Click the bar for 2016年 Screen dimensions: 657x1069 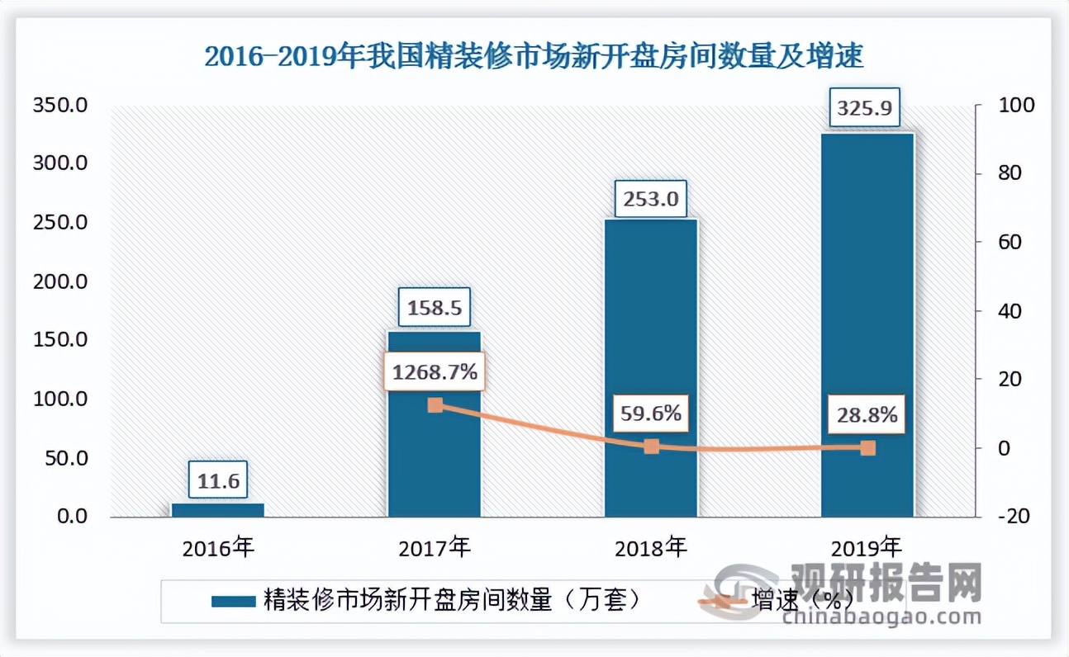pyautogui.click(x=218, y=510)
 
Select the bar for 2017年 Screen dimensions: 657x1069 pyautogui.click(x=435, y=424)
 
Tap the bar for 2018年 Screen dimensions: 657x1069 pyautogui.click(x=651, y=368)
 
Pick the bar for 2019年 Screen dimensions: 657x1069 pyautogui.click(x=867, y=325)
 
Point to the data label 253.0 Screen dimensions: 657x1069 pyautogui.click(x=651, y=199)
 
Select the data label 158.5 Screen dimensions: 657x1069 pyautogui.click(x=435, y=308)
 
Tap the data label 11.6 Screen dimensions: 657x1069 pyautogui.click(x=218, y=480)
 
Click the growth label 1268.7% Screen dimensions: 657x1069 pyautogui.click(x=435, y=372)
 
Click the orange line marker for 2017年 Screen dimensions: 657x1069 pyautogui.click(x=435, y=405)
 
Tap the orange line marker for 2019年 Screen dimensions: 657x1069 pyautogui.click(x=867, y=447)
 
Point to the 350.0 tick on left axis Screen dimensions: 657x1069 pyautogui.click(x=59, y=106)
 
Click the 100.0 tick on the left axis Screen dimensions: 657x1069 pyautogui.click(x=59, y=399)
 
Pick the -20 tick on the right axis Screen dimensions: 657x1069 pyautogui.click(x=1013, y=516)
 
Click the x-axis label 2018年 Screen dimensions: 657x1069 pyautogui.click(x=652, y=546)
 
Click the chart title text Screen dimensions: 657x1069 pyautogui.click(x=534, y=57)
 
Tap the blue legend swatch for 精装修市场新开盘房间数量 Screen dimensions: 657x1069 pyautogui.click(x=235, y=600)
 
